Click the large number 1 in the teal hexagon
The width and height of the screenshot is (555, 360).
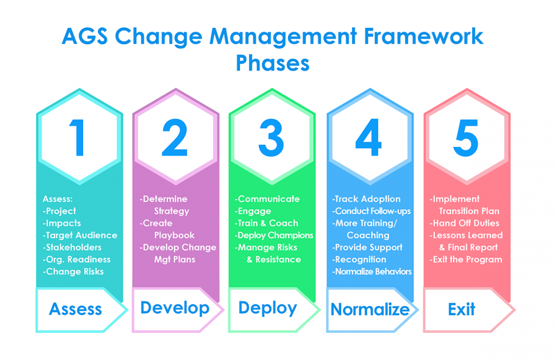pyautogui.click(x=78, y=138)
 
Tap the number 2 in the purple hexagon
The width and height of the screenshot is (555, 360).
pyautogui.click(x=174, y=138)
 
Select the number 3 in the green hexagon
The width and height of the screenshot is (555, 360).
pyautogui.click(x=271, y=138)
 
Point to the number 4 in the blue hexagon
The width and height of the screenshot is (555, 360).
pyautogui.click(x=369, y=138)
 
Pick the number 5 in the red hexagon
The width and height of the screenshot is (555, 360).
pyautogui.click(x=465, y=138)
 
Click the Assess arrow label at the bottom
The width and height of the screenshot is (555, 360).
pyautogui.click(x=75, y=309)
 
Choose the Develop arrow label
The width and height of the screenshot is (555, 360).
pyautogui.click(x=175, y=308)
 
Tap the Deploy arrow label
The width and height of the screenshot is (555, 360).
pyautogui.click(x=268, y=308)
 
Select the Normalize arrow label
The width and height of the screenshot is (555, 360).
pyautogui.click(x=370, y=309)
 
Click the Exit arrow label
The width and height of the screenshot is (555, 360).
pyautogui.click(x=462, y=309)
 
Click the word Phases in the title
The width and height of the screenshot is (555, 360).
pyautogui.click(x=273, y=63)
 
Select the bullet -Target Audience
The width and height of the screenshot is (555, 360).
pyautogui.click(x=80, y=235)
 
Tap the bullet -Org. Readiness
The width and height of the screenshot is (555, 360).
pyautogui.click(x=76, y=259)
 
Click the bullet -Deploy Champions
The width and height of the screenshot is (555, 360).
pyautogui.click(x=274, y=235)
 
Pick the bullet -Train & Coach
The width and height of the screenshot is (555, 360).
pyautogui.click(x=266, y=223)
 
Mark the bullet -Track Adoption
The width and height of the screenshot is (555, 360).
pyautogui.click(x=366, y=199)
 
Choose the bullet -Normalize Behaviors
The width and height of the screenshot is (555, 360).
pyautogui.click(x=372, y=271)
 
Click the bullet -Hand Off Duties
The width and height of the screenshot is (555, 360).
pyautogui.click(x=464, y=223)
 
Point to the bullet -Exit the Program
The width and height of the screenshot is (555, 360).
pyautogui.click(x=465, y=259)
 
